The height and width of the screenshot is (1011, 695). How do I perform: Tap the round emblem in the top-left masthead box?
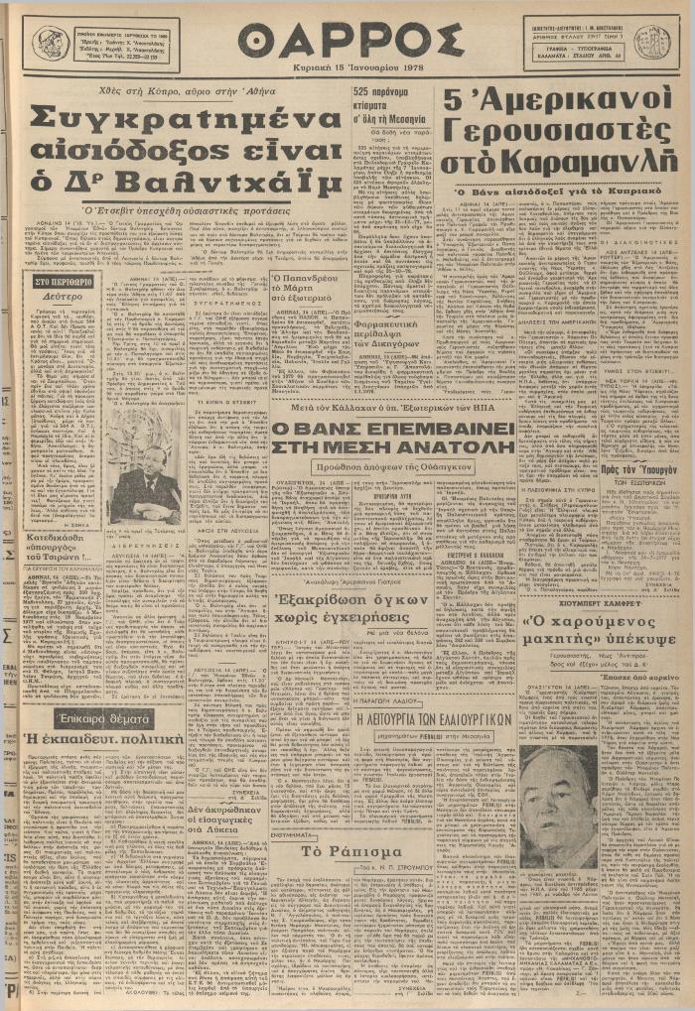click(x=50, y=43)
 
